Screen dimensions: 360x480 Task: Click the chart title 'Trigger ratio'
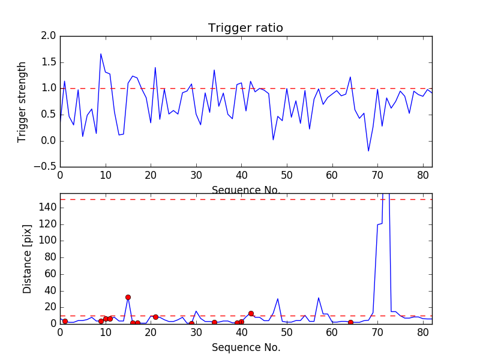[x=245, y=28]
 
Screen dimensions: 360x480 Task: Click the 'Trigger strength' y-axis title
[x=22, y=101]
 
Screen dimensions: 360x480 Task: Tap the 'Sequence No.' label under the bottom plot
[x=245, y=347]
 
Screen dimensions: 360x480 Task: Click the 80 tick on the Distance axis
[x=50, y=257]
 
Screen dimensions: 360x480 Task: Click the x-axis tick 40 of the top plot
[x=241, y=175]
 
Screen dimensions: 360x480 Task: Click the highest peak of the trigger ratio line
[x=101, y=54]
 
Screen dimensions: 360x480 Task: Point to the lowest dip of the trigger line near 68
[x=368, y=151]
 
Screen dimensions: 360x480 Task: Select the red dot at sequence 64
[x=350, y=322]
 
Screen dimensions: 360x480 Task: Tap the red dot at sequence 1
[x=65, y=321]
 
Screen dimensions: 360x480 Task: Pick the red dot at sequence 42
[x=251, y=313]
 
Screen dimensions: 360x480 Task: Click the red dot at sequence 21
[x=155, y=317]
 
